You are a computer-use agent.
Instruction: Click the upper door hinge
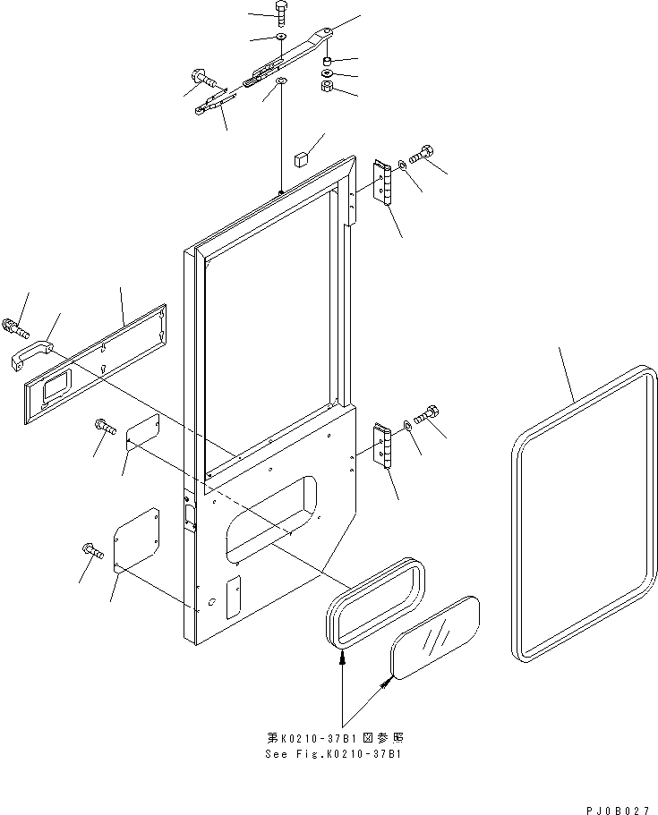tap(382, 183)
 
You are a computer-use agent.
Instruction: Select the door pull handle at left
tap(31, 354)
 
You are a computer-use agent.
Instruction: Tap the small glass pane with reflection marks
tap(435, 637)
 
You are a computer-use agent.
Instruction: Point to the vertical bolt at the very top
tap(280, 16)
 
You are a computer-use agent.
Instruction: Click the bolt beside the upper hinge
tap(423, 154)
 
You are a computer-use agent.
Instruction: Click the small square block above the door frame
tap(301, 158)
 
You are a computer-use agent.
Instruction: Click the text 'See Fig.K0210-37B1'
tap(333, 754)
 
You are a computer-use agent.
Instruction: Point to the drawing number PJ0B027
tap(618, 810)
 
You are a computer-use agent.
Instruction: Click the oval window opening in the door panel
tap(271, 519)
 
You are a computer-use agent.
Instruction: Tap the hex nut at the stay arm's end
tap(326, 86)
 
